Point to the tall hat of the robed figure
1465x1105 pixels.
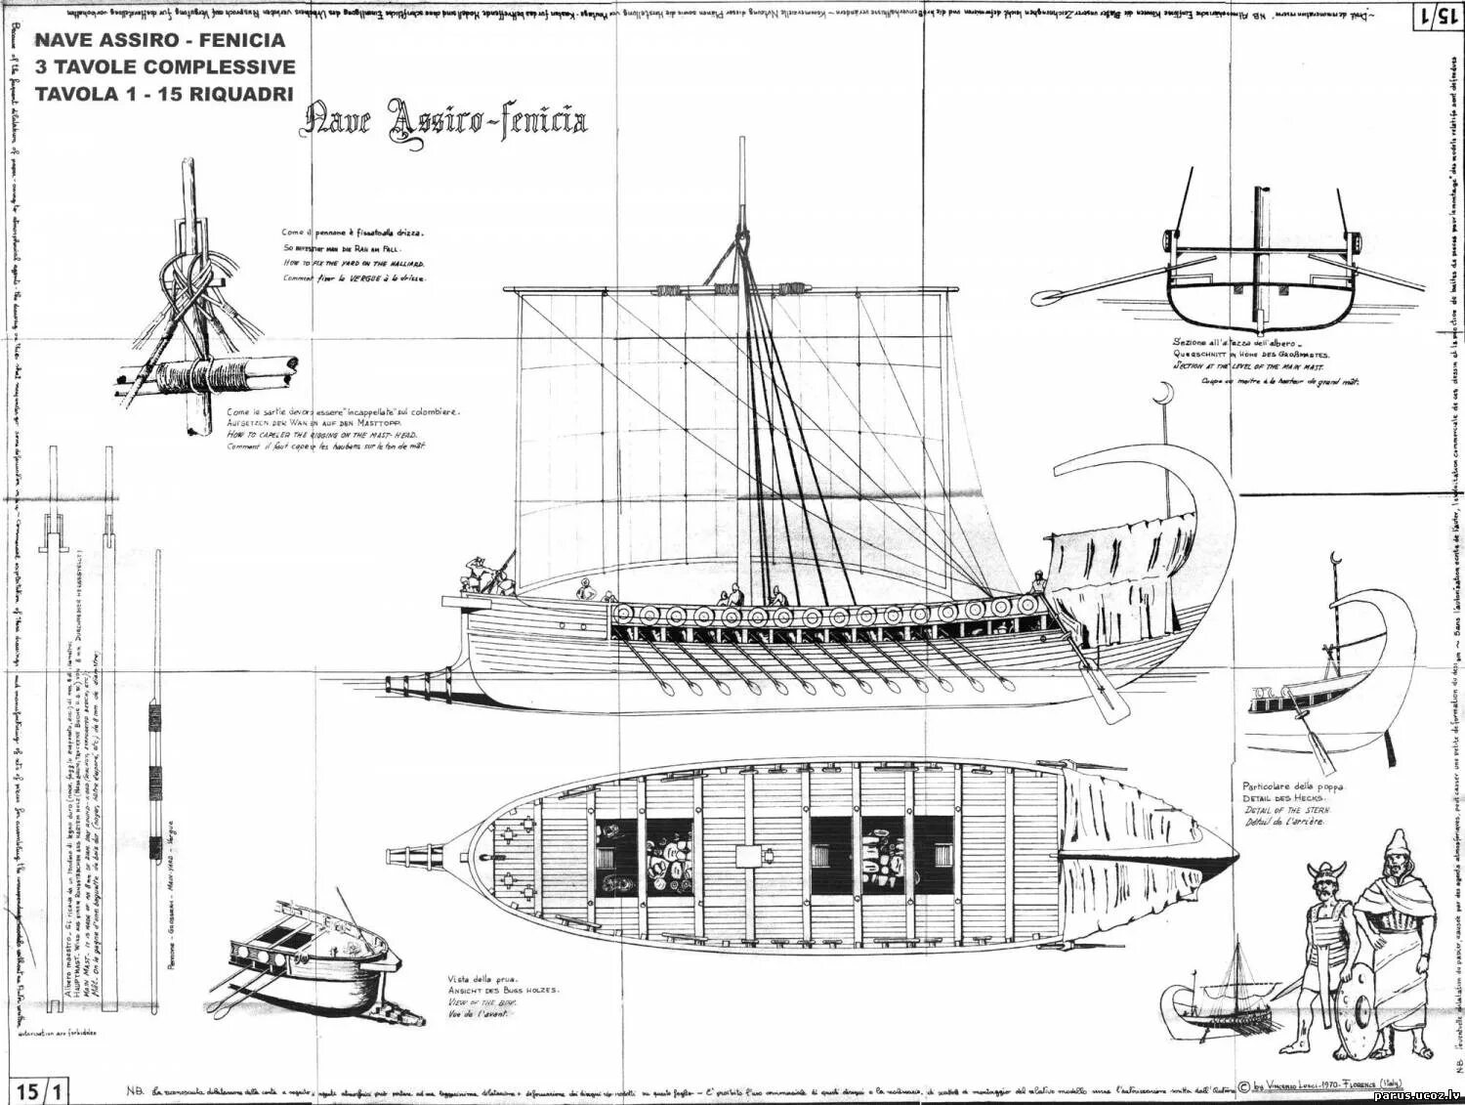pos(1389,844)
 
